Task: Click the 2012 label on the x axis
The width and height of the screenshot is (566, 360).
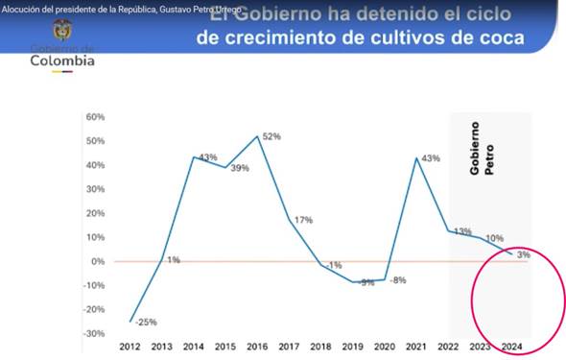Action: pos(130,348)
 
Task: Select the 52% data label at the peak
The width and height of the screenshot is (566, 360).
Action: pos(271,137)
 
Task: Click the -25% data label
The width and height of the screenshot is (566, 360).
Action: pos(146,322)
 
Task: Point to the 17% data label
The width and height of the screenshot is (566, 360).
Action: pos(303,221)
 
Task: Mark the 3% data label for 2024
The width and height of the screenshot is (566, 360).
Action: pos(523,255)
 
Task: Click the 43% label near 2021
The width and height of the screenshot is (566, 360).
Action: pos(430,158)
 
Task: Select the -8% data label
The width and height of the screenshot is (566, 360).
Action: pos(397,280)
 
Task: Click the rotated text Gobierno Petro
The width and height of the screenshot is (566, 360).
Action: pos(481,152)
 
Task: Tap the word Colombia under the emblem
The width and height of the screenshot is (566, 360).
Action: pos(62,61)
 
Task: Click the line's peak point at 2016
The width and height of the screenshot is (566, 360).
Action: pos(258,136)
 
